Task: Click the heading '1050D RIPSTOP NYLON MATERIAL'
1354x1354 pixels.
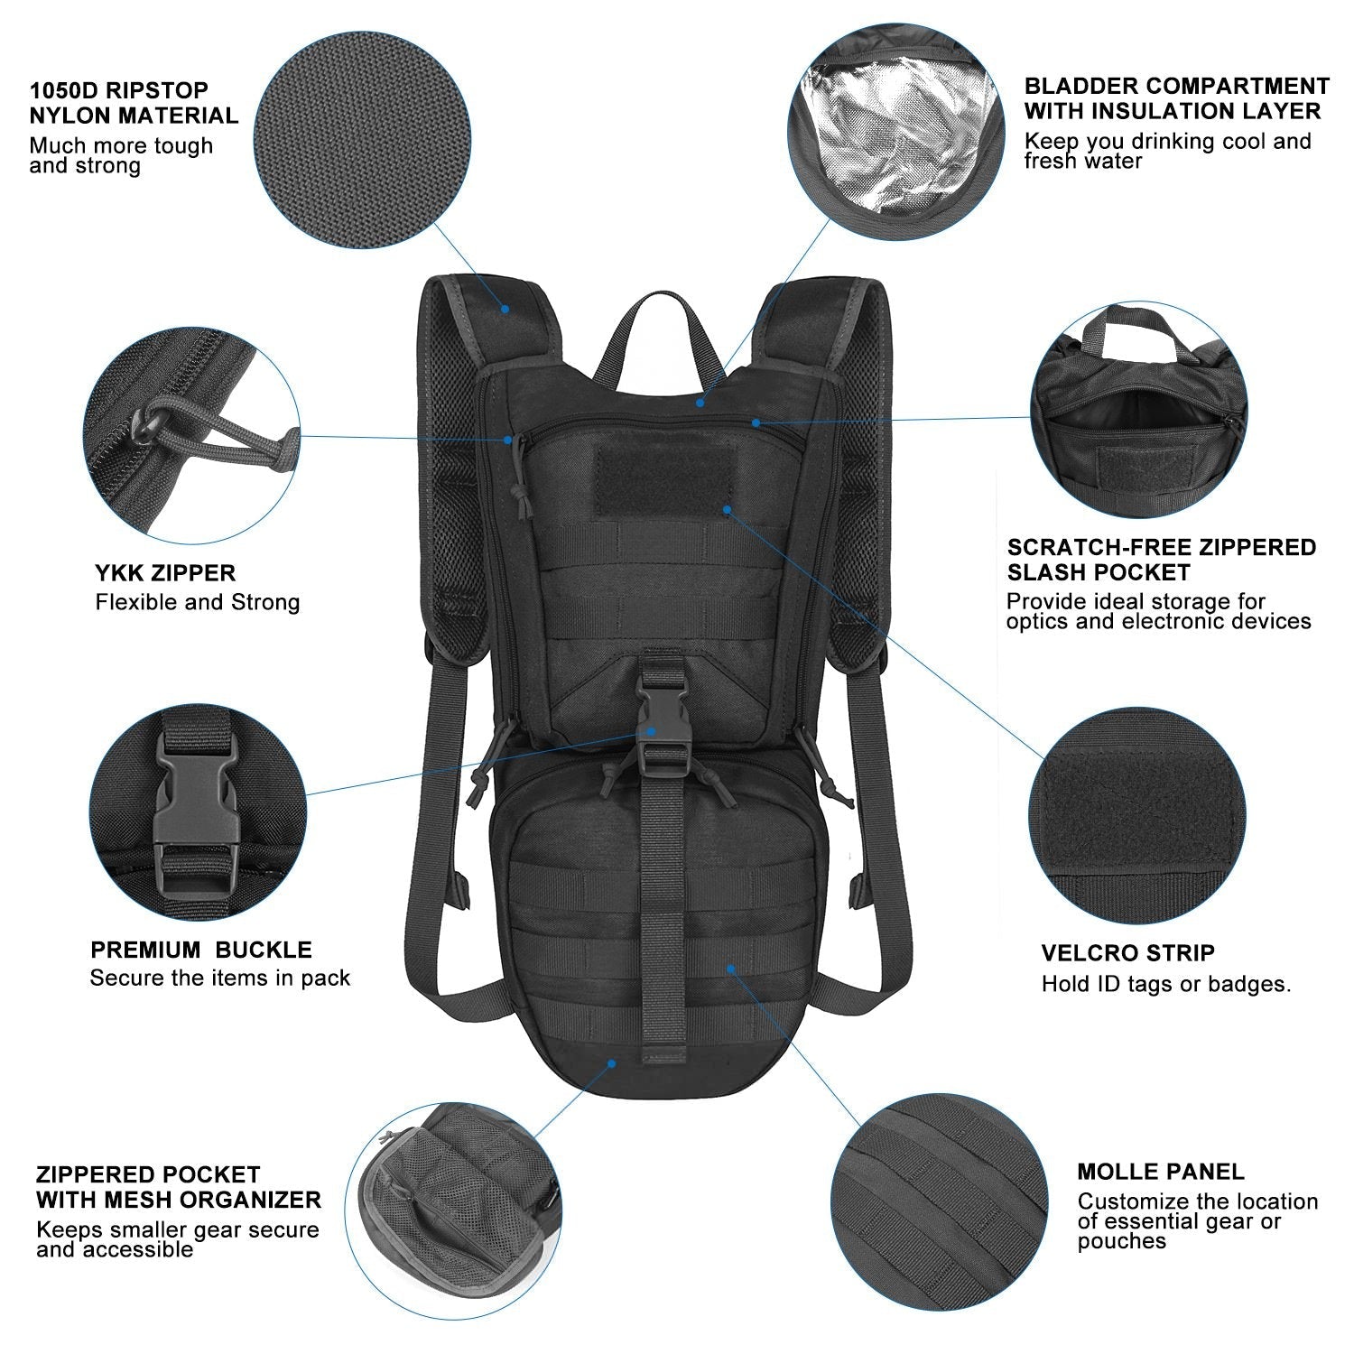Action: (x=134, y=103)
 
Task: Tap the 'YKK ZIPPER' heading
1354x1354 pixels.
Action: (x=165, y=573)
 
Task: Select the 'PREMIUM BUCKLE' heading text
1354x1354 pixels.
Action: (x=200, y=950)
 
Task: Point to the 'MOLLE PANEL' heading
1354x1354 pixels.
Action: (x=1160, y=1172)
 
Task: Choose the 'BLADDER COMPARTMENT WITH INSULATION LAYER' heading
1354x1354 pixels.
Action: (x=1176, y=99)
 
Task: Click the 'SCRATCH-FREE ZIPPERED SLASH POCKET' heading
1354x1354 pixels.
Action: (x=1161, y=560)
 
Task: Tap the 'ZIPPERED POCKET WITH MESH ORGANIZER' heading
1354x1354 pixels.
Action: (x=178, y=1187)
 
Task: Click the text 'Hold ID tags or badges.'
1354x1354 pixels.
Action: (x=1165, y=984)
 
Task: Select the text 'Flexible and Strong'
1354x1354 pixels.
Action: (x=197, y=603)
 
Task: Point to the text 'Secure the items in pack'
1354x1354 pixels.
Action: (x=219, y=978)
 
